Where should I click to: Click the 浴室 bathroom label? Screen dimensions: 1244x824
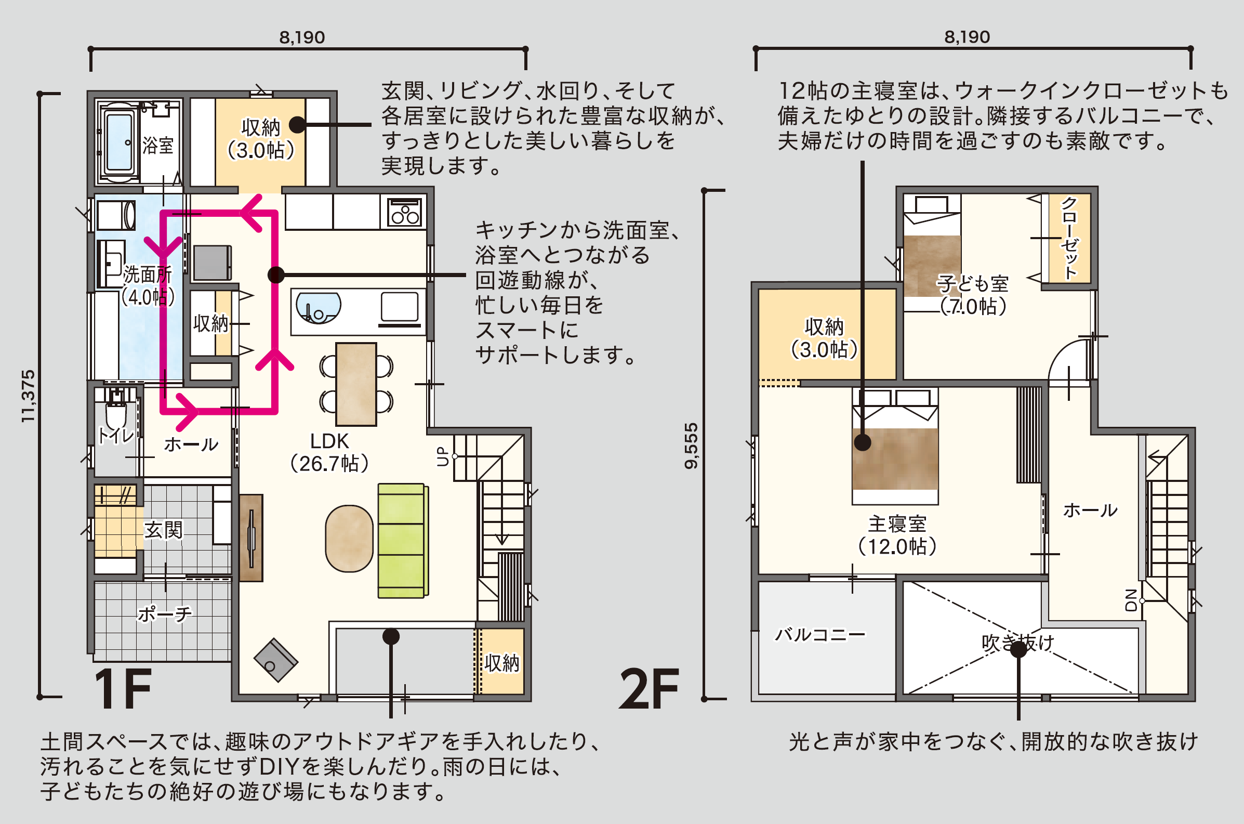(157, 145)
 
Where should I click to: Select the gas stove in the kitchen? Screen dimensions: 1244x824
(404, 212)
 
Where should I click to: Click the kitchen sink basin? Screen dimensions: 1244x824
(318, 308)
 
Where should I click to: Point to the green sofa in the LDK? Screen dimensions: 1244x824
(403, 541)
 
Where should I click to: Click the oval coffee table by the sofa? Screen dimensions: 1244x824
(349, 538)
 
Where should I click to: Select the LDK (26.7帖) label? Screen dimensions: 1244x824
(329, 452)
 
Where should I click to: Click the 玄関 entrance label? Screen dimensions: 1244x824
(163, 530)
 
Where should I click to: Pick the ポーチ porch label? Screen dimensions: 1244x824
(165, 613)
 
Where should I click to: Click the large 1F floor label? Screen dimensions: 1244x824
(123, 689)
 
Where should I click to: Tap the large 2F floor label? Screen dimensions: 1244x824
(649, 689)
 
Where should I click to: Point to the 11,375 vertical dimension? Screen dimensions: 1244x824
(28, 396)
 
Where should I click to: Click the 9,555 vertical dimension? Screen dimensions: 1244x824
(692, 446)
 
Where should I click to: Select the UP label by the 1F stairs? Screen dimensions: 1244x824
(443, 456)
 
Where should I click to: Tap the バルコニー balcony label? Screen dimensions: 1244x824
(819, 634)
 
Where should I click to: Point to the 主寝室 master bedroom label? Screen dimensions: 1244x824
(897, 525)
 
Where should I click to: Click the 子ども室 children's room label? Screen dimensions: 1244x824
(973, 284)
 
